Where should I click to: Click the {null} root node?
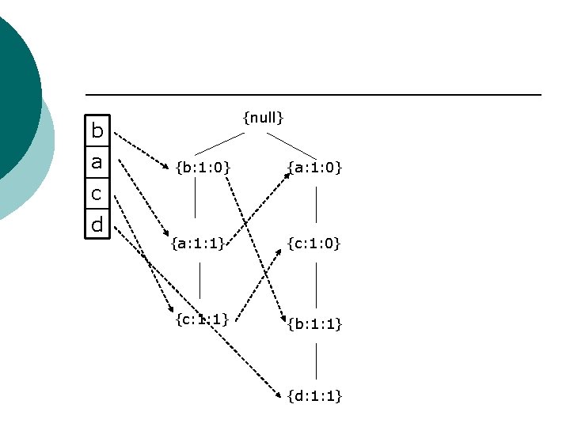(x=263, y=118)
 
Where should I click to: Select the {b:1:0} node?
(x=203, y=167)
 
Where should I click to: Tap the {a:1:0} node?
(x=314, y=167)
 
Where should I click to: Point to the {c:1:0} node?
(x=314, y=244)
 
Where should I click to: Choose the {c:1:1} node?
(x=202, y=319)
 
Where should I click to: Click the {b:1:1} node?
(x=314, y=323)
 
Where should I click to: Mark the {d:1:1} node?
(x=314, y=395)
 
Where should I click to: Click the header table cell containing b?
(x=97, y=130)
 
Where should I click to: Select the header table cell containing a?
(x=97, y=162)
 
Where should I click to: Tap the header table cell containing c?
(x=97, y=193)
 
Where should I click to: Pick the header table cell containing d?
(x=97, y=225)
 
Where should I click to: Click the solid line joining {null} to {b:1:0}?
(x=220, y=142)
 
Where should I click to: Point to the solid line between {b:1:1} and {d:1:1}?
(x=317, y=360)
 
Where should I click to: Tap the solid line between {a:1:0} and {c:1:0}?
(x=317, y=204)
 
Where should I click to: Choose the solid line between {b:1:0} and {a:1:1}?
(x=196, y=204)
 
